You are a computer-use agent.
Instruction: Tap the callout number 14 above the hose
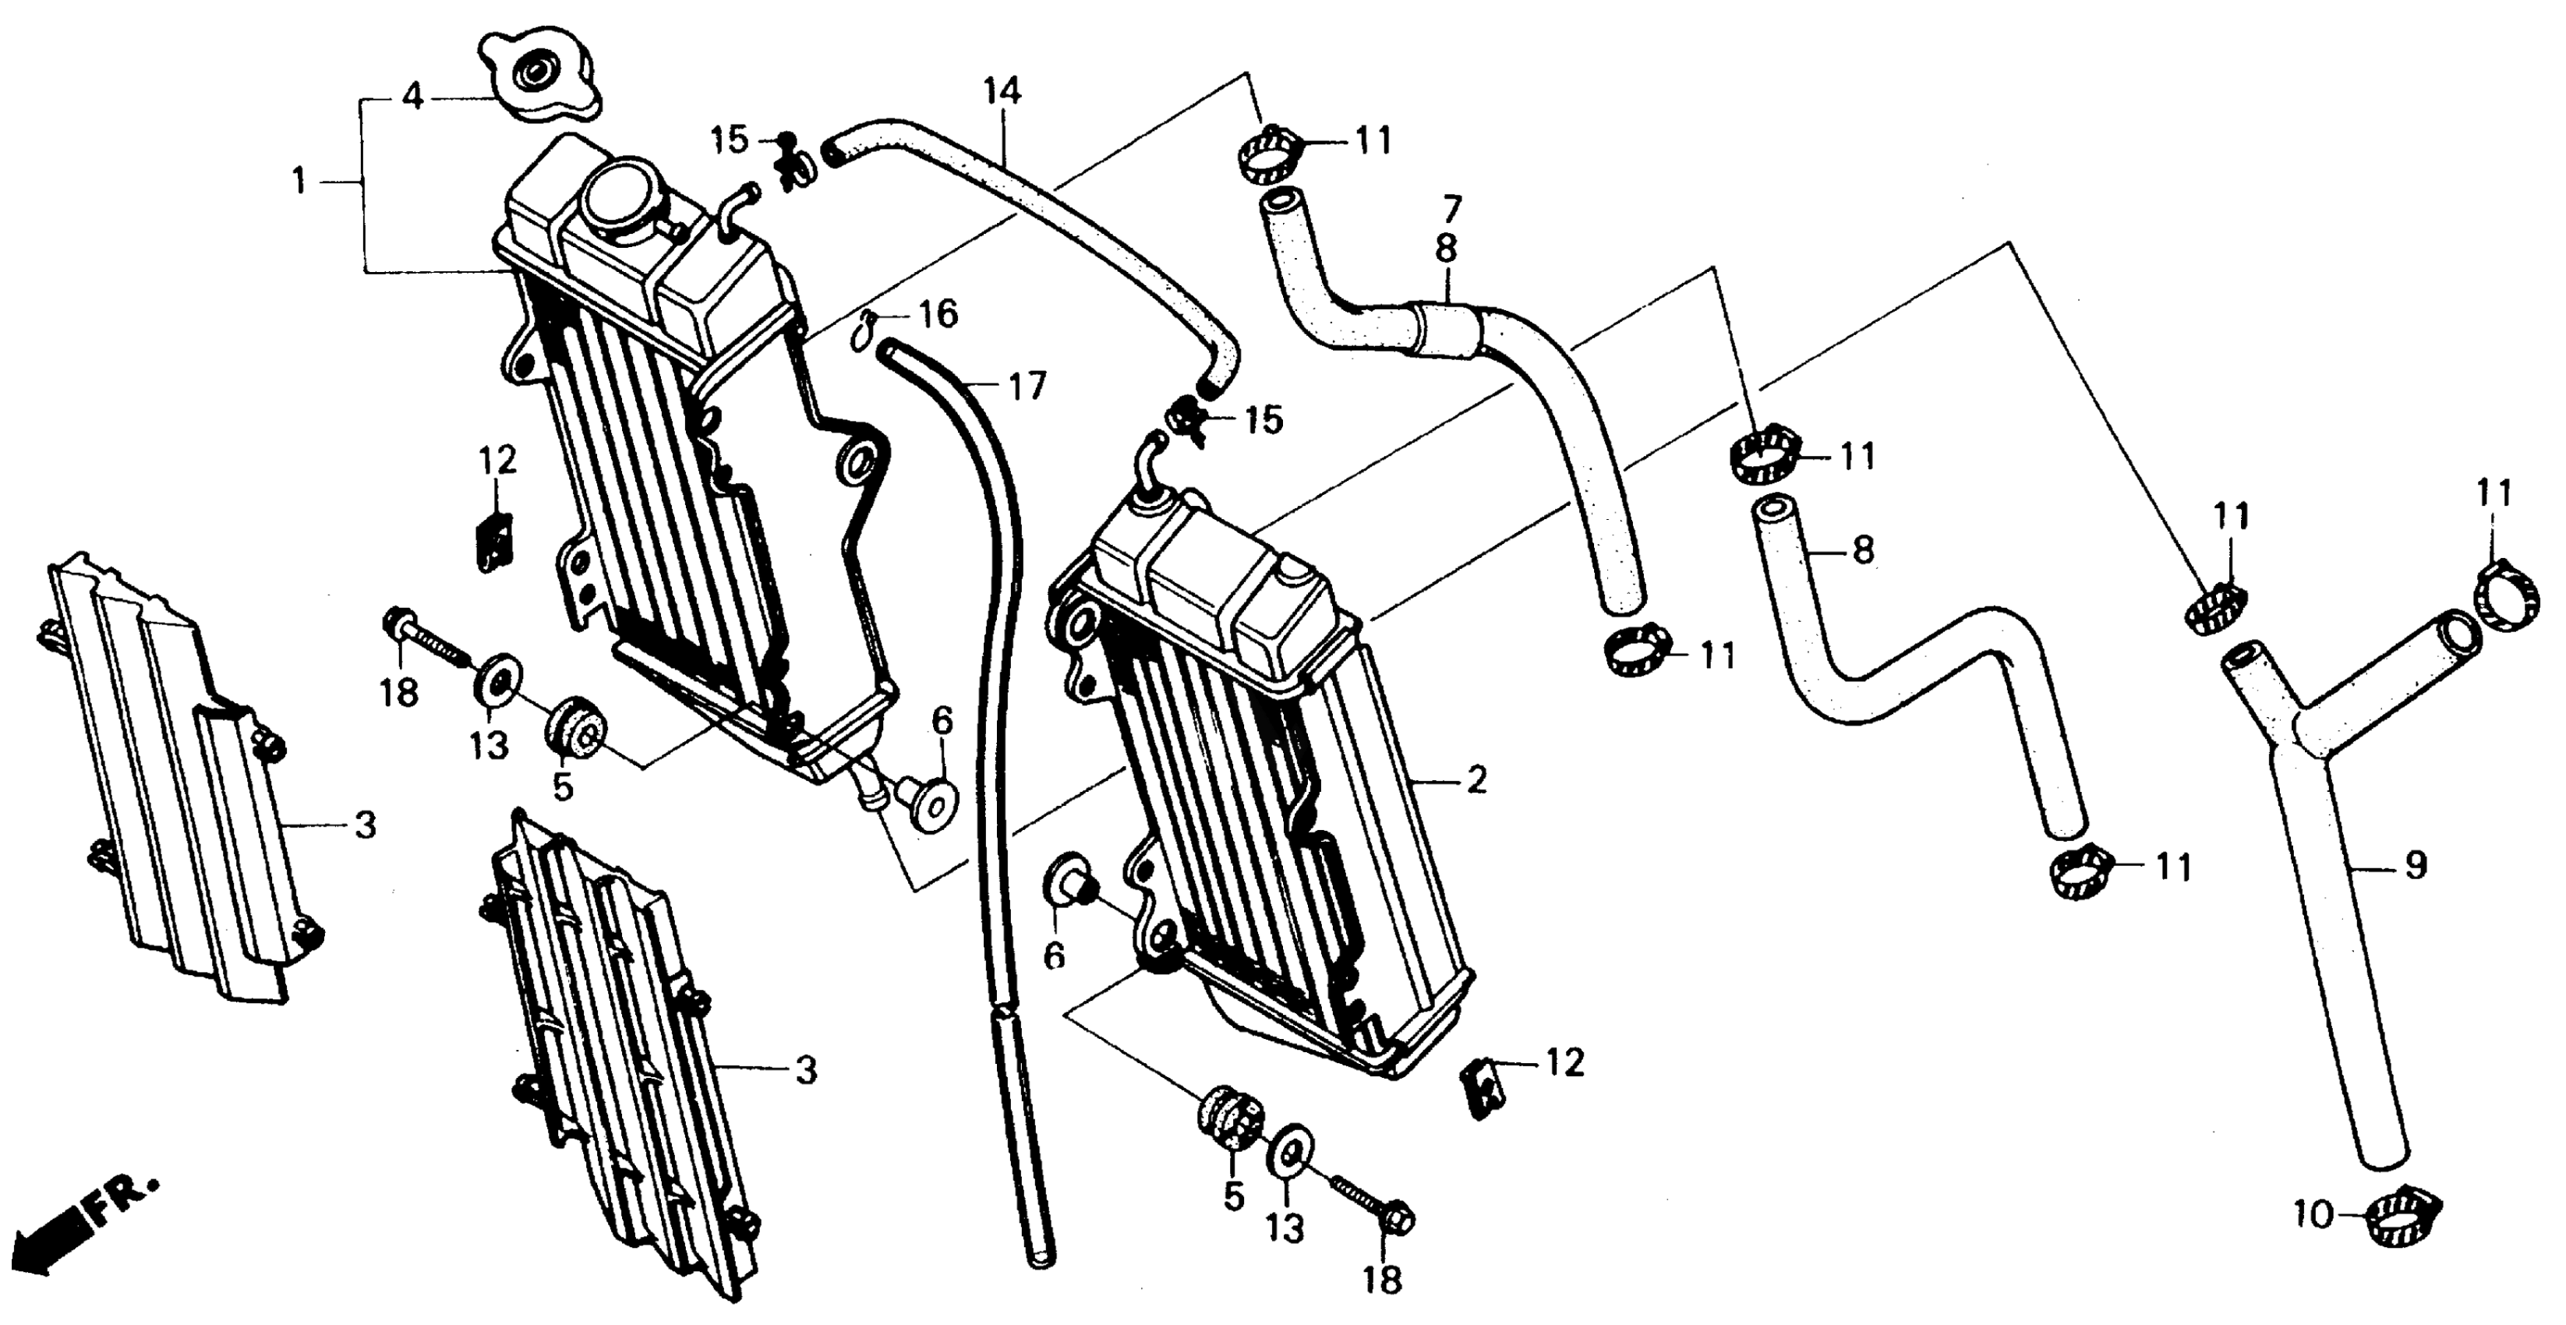1002,92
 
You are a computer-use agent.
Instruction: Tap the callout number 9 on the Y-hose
2416,866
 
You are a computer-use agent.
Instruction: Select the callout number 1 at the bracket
299,182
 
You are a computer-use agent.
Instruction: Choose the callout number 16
938,315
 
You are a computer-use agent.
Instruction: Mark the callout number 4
413,97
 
